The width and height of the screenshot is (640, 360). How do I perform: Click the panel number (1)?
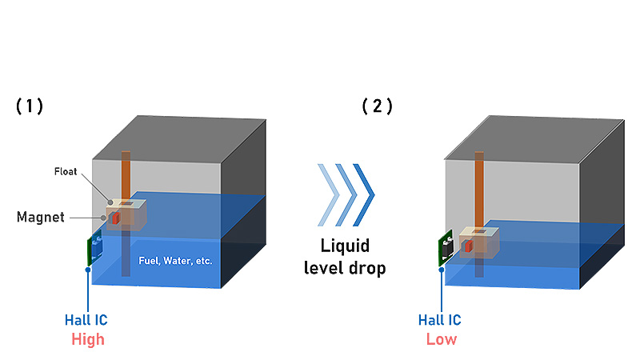30,106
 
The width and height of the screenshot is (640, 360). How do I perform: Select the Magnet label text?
40,217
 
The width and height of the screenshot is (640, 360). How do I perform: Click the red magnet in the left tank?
116,218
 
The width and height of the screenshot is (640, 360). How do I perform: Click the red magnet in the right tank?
468,245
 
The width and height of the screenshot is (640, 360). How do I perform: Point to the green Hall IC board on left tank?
92,249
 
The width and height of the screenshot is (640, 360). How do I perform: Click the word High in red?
87,338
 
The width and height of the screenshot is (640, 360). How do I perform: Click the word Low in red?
441,338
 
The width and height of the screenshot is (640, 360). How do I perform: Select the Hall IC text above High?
86,320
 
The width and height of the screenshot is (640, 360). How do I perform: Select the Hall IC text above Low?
440,320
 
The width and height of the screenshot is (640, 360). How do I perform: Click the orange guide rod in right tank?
478,188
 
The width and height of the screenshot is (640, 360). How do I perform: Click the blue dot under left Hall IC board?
87,271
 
